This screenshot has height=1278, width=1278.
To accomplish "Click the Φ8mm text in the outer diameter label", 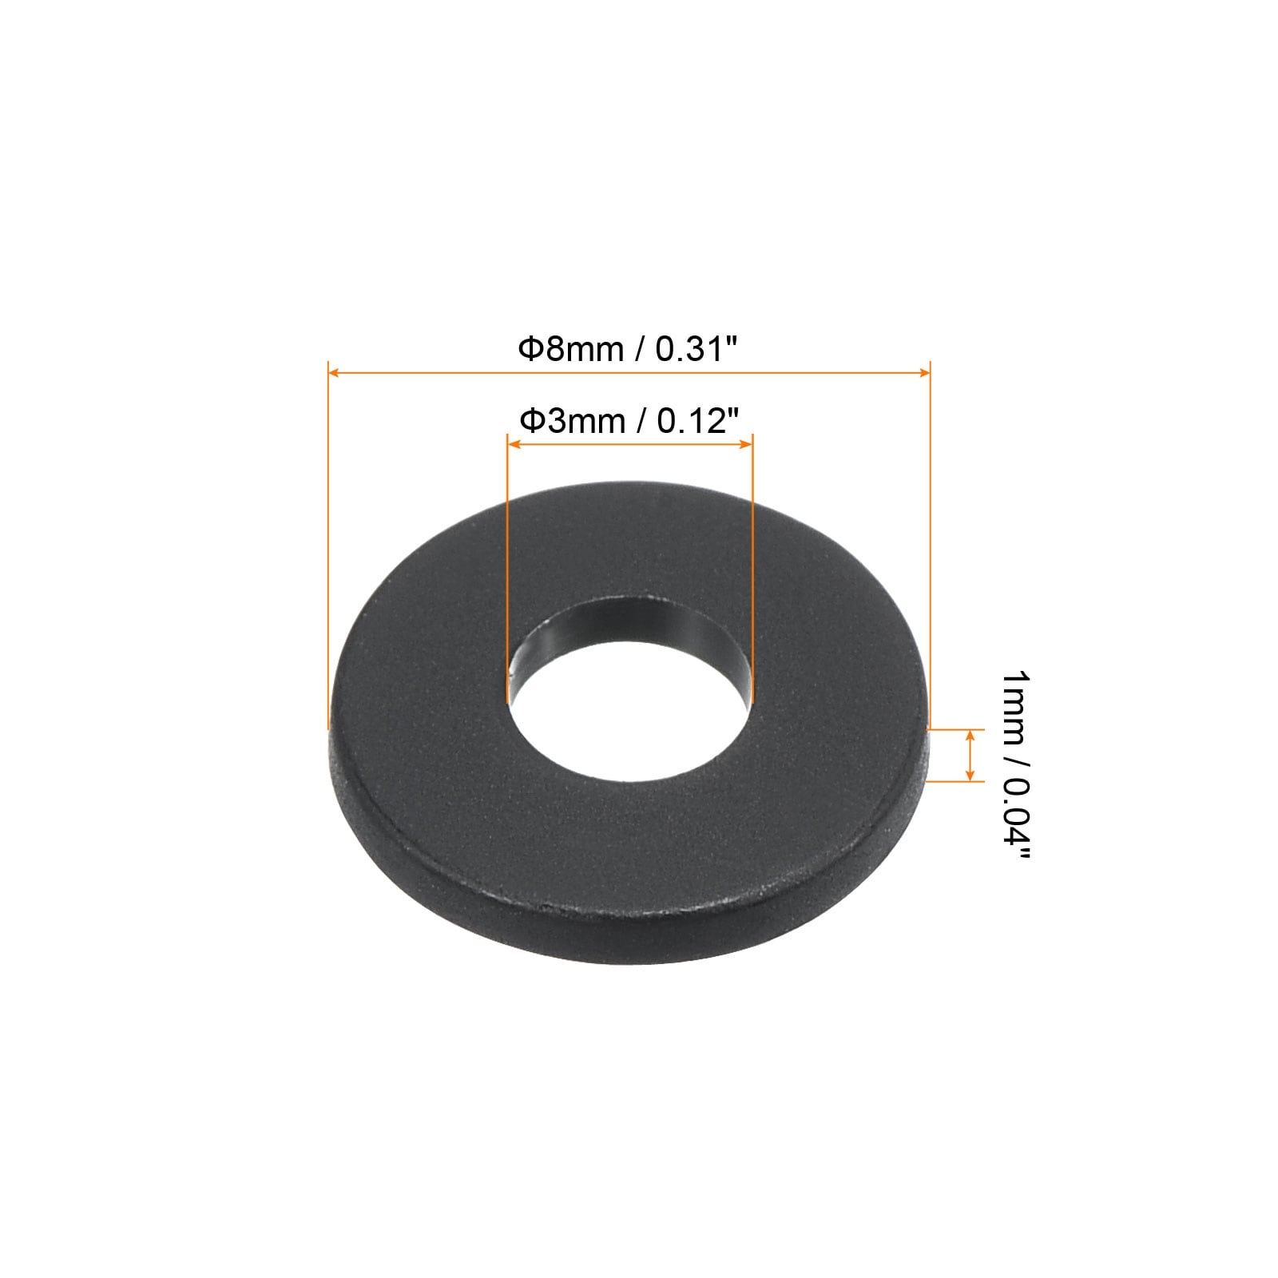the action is point(570,349).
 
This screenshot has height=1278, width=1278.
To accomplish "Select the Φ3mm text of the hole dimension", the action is point(572,420).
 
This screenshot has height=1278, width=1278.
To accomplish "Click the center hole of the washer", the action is point(630,703).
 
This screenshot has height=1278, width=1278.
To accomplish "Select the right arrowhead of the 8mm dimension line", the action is point(923,372).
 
